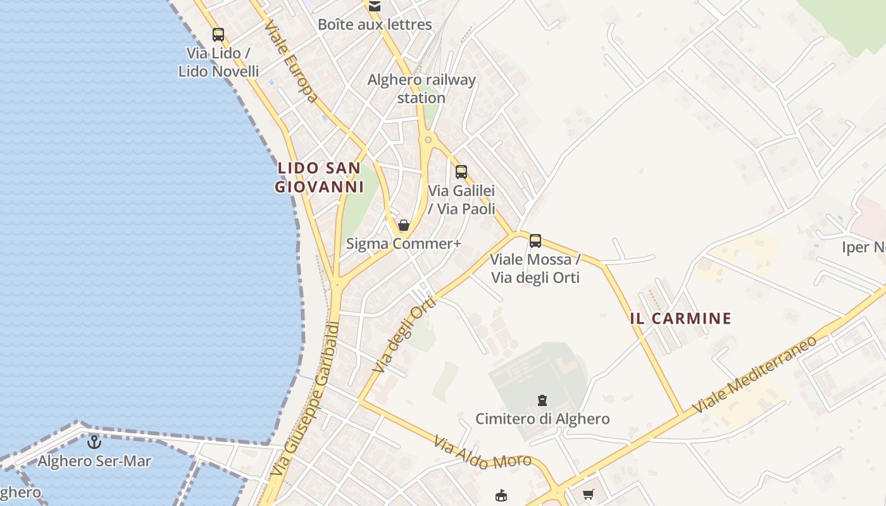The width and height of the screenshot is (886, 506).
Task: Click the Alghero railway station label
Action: pos(421,89)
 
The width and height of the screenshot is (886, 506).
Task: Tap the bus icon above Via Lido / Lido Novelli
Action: pos(218,35)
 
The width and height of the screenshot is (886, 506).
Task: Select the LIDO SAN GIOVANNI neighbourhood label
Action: pos(320,177)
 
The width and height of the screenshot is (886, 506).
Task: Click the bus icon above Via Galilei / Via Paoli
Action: pos(461,171)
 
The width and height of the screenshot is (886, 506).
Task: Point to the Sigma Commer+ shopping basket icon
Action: pos(404,225)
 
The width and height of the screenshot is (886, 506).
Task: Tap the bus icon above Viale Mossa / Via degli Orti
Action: pos(535,240)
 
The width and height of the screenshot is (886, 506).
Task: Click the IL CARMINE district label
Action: pos(680,318)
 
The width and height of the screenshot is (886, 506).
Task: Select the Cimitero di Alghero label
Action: pos(542,419)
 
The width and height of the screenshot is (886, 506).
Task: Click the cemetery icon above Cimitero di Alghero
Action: pos(542,400)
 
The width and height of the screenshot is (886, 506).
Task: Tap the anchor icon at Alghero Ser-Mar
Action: pos(94,442)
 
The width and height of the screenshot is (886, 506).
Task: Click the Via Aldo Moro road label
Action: pos(482,453)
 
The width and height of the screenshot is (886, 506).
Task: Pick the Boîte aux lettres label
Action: pos(375,25)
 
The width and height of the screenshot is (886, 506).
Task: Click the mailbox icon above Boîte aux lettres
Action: pos(375,6)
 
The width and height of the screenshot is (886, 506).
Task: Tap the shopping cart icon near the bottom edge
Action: pos(589,494)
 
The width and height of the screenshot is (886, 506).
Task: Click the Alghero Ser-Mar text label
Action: pos(94,461)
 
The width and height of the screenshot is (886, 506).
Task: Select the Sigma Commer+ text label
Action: pos(404,244)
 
